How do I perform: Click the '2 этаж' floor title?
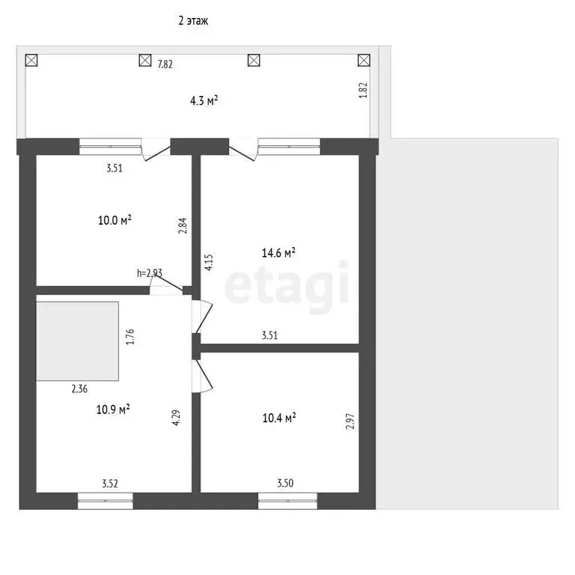(193, 20)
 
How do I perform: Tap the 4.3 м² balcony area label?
(204, 100)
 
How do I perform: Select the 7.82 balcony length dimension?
(165, 64)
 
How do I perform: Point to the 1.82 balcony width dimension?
(363, 90)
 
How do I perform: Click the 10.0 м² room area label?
(115, 220)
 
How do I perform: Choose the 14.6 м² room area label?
(279, 252)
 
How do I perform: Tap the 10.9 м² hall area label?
(113, 410)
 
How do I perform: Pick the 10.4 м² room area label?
(279, 418)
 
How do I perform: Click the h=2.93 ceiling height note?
(149, 273)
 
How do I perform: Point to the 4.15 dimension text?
(209, 263)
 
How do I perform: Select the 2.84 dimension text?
(183, 225)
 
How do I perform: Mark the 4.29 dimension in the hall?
(176, 417)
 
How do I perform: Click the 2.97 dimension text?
(350, 421)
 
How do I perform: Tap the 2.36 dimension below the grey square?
(79, 389)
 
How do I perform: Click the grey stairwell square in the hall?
(77, 341)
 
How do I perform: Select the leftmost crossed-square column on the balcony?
(31, 61)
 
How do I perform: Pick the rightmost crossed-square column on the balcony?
(364, 61)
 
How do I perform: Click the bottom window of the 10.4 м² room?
(287, 501)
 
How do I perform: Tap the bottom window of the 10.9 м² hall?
(106, 501)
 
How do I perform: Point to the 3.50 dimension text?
(285, 483)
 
